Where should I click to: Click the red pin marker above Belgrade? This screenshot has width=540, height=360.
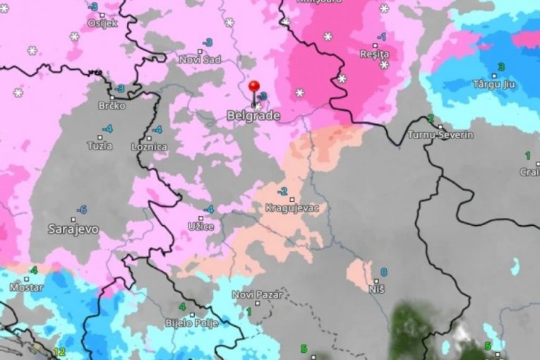pos(254,88)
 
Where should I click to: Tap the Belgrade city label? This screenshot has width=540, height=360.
pos(253,115)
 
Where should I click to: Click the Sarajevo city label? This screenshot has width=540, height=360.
pos(73,229)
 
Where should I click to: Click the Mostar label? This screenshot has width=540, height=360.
pos(26,287)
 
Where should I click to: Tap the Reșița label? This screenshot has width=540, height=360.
pos(375,54)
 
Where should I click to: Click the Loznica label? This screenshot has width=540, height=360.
pos(149,147)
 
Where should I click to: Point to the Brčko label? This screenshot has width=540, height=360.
pos(112,106)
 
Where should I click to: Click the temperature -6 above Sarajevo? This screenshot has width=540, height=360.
pos(82,210)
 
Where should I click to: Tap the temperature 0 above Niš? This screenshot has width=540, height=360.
pos(384,272)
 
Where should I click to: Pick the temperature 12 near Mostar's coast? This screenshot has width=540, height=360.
pos(59,352)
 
